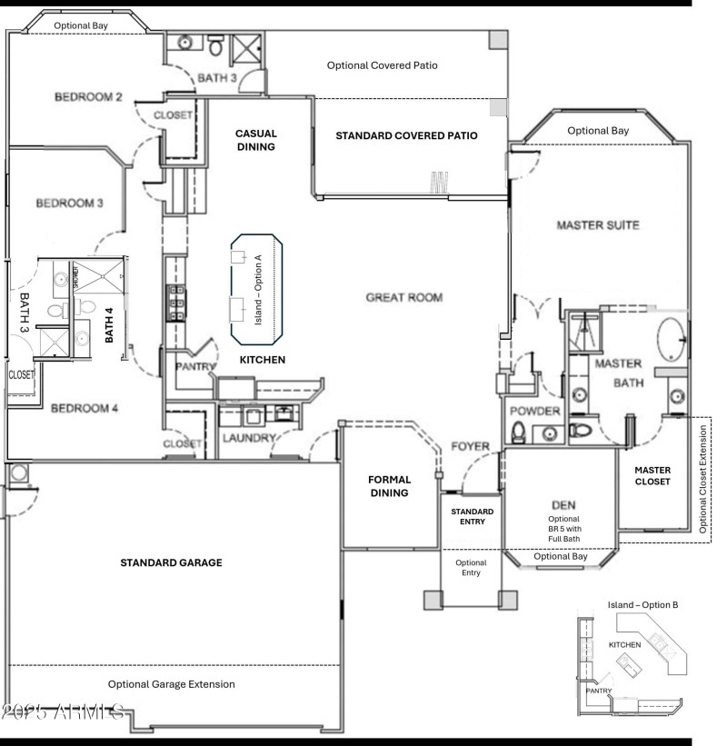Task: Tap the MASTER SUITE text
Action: tap(599, 224)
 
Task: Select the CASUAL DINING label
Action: tap(255, 139)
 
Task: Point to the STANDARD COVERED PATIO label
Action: tap(406, 135)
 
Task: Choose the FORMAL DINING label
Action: tap(389, 486)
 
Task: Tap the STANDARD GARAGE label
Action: tap(171, 563)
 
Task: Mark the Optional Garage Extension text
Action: tap(171, 684)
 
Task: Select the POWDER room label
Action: tap(535, 412)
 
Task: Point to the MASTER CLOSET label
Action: tap(652, 476)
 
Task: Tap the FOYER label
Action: tap(470, 447)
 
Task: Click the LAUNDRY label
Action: tap(248, 438)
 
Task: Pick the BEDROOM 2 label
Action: tap(88, 97)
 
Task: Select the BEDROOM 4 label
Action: tap(85, 408)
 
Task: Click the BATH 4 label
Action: tap(109, 324)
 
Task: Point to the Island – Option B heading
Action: tap(643, 604)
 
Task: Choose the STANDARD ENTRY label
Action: tap(472, 517)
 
